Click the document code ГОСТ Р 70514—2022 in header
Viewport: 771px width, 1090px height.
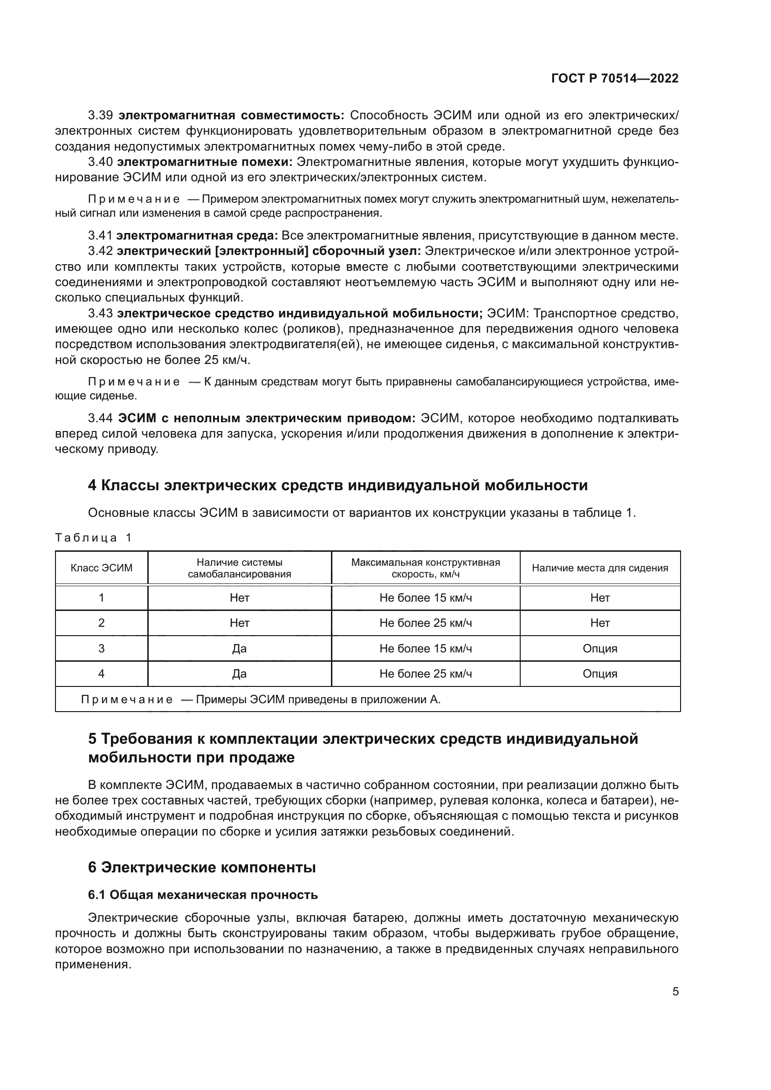615,78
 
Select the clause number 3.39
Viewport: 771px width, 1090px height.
100,116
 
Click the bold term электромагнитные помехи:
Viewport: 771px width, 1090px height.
205,162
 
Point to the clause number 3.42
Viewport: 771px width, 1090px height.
100,251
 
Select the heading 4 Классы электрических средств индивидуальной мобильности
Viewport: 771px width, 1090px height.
337,485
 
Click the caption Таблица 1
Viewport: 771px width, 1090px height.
93,537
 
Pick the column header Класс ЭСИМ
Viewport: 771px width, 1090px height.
102,568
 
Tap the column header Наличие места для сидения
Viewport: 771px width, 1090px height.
599,568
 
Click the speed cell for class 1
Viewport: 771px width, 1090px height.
426,598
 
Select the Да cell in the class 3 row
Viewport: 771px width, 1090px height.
239,649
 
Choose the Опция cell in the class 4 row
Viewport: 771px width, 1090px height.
599,674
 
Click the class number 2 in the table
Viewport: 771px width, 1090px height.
101,623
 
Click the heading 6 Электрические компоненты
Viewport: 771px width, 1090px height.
202,867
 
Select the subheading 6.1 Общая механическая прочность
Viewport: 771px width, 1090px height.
203,895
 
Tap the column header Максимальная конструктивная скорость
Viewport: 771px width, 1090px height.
426,568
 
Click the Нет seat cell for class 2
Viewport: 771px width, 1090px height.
599,623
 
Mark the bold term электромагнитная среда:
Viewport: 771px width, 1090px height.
197,235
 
